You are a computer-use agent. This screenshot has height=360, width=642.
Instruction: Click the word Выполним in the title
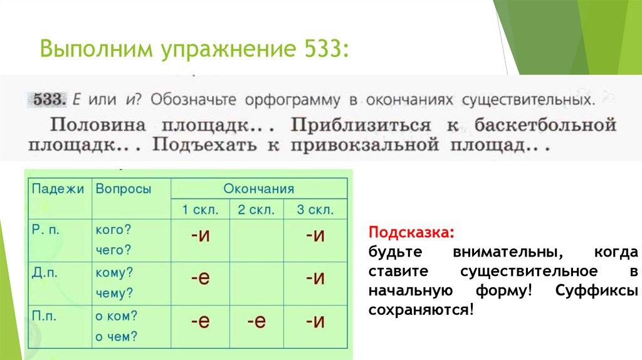(96, 49)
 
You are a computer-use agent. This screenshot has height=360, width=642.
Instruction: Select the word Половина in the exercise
(98, 125)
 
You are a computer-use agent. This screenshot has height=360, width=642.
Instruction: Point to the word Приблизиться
(360, 125)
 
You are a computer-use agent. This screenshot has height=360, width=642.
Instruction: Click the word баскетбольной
(545, 125)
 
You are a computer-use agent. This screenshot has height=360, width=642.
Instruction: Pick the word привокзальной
(365, 146)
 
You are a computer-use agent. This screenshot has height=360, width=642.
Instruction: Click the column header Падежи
(58, 189)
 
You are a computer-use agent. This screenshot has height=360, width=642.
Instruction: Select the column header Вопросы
(124, 189)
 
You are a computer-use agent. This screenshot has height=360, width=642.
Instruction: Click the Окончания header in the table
(259, 189)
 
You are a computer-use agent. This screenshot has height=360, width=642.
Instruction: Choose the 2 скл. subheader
(256, 209)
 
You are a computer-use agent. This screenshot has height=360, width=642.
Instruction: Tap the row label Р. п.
(45, 230)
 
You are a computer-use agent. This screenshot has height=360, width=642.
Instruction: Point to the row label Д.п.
(45, 273)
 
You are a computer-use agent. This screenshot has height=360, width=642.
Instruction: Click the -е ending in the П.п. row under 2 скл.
(256, 320)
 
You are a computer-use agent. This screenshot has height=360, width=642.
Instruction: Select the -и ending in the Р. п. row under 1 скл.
(201, 235)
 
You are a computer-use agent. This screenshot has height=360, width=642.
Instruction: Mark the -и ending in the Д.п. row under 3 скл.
(315, 278)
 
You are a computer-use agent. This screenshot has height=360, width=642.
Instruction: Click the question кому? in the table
(114, 273)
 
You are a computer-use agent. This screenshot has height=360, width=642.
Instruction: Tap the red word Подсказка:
(411, 232)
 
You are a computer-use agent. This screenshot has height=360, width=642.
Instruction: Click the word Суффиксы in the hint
(597, 290)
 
